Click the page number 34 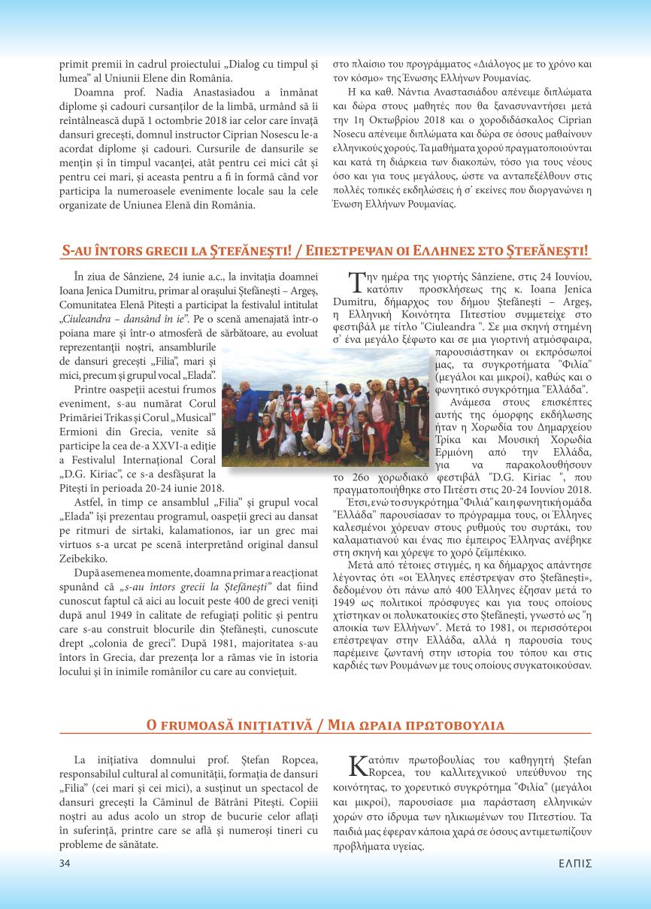point(65,863)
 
